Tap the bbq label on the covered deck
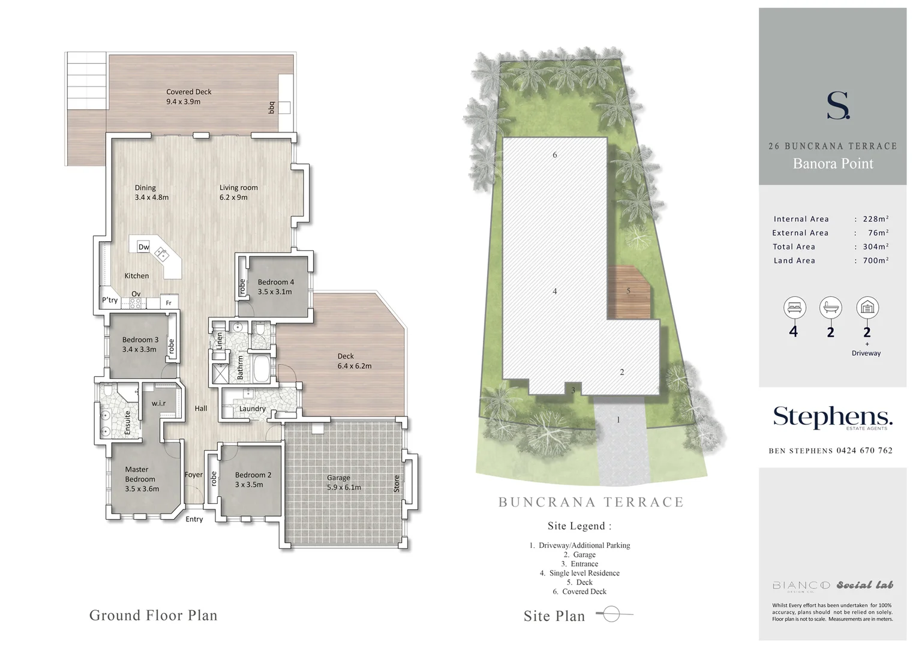point(271,107)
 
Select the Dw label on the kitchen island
point(144,247)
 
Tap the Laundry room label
point(252,409)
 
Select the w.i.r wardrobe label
point(158,403)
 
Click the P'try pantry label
point(110,300)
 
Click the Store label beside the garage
point(397,484)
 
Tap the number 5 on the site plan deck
point(628,291)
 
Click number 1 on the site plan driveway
point(618,420)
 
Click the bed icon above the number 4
point(794,308)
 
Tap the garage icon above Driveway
point(867,308)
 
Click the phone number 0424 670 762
point(864,451)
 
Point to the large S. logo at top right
point(838,106)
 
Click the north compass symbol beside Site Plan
point(611,614)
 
